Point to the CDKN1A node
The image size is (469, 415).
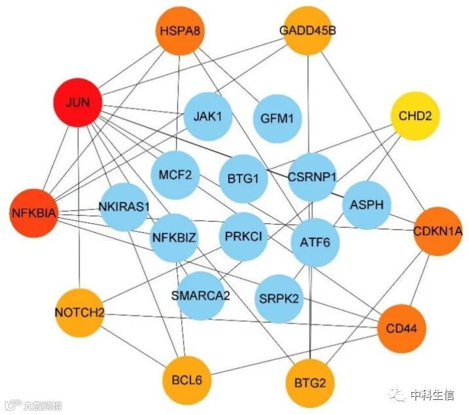point(438,230)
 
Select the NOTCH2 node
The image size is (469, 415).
point(79,312)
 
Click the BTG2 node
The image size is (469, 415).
point(310,382)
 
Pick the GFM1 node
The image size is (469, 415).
point(277,118)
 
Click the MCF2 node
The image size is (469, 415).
point(175,174)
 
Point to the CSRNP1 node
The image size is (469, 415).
point(312,177)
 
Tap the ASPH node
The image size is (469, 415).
point(366,205)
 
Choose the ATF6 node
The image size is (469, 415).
point(315,242)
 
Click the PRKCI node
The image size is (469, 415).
point(243,236)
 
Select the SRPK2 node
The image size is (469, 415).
point(279,298)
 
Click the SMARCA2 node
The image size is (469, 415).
point(200,295)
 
